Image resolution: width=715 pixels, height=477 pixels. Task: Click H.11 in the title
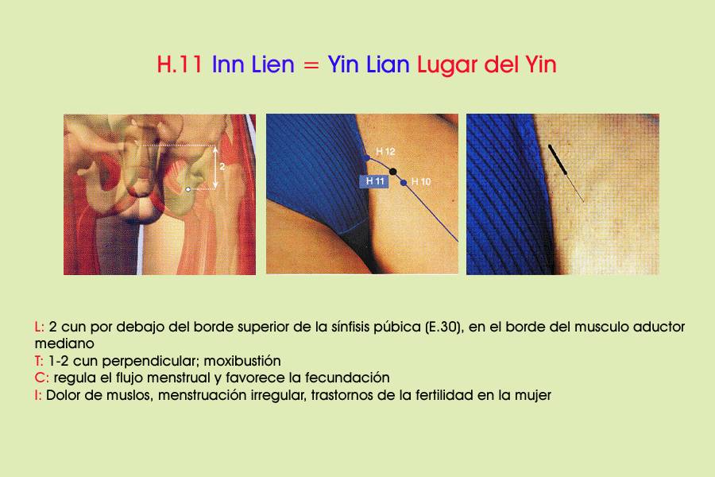[x=180, y=64]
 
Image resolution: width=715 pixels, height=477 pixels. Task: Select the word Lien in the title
[x=272, y=64]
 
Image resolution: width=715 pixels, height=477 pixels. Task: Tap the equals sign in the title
[x=311, y=65]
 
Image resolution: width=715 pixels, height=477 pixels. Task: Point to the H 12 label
[x=385, y=152]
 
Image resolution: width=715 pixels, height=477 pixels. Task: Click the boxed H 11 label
[x=374, y=181]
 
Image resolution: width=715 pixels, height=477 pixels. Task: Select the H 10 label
[x=421, y=182]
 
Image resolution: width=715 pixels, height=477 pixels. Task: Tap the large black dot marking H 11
[x=392, y=172]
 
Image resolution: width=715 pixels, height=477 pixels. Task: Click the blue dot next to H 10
[x=403, y=183]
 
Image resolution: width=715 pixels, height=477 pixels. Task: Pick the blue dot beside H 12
[x=366, y=158]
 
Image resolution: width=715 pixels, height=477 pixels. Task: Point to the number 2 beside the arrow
[x=222, y=167]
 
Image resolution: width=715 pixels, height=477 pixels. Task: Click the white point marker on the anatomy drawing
[x=187, y=189]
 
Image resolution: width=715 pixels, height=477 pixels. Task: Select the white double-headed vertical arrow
[x=215, y=167]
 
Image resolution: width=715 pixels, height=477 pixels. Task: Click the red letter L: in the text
[x=39, y=327]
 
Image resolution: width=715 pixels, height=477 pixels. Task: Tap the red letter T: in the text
[x=39, y=361]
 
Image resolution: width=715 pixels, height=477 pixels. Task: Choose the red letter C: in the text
[x=41, y=378]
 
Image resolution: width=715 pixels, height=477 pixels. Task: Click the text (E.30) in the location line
[x=443, y=328]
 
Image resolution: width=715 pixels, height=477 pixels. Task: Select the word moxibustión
[x=242, y=361]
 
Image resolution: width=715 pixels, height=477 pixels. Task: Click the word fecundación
[x=347, y=378]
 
